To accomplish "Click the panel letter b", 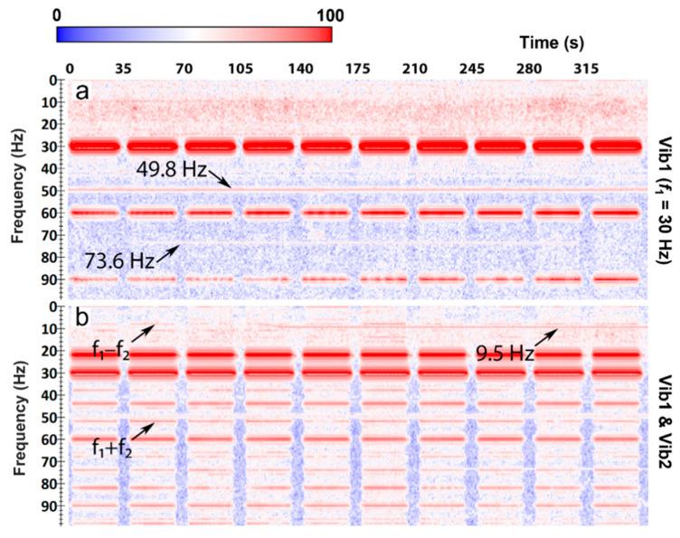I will coord(82,319).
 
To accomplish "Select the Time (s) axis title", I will coord(554,42).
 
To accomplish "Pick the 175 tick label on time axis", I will coord(359,67).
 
